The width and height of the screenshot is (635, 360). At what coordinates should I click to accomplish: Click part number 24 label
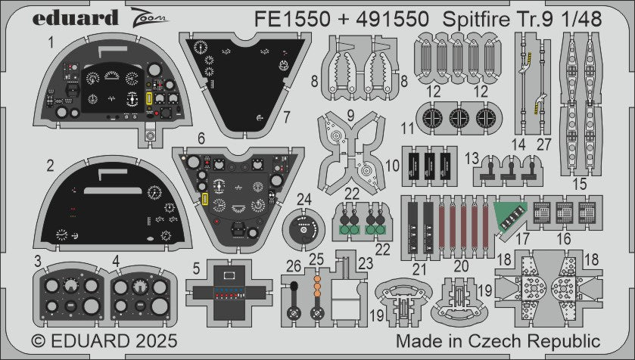coord(304,200)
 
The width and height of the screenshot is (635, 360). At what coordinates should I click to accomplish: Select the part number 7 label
coord(286,117)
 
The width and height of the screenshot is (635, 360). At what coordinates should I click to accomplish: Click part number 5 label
coord(195,267)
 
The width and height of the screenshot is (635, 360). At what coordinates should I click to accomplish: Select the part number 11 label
coord(409,129)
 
